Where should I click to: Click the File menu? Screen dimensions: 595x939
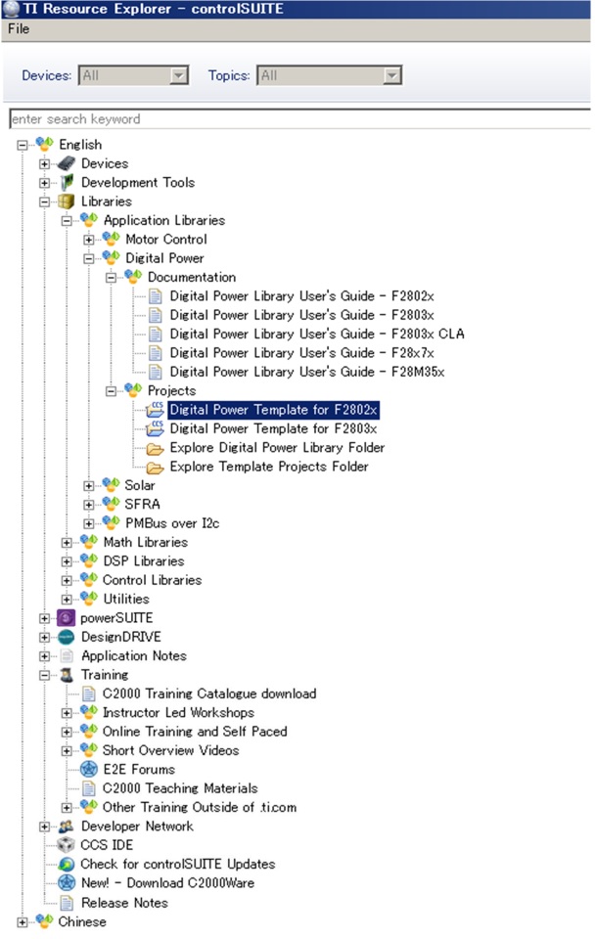point(19,28)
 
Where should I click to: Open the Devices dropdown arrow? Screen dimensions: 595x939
point(178,75)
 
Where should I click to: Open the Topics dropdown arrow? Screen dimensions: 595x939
point(391,75)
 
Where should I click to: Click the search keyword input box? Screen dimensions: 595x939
point(299,118)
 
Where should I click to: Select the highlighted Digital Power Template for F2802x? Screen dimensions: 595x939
point(273,410)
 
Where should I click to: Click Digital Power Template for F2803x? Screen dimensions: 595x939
point(273,428)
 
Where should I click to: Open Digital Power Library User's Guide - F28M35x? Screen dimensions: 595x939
point(306,372)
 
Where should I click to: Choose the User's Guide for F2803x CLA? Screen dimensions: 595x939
point(317,334)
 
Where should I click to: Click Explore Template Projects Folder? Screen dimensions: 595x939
point(269,467)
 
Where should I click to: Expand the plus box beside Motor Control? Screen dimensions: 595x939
point(89,240)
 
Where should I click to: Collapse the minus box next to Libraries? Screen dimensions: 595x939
point(44,201)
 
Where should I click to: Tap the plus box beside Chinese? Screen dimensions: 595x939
point(23,922)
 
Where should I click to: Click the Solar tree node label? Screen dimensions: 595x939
point(140,485)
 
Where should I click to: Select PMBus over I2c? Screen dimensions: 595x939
point(172,523)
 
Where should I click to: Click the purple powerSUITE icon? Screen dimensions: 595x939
point(66,618)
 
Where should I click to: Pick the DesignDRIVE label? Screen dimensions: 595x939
point(121,637)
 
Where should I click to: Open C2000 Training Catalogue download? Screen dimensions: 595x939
point(209,693)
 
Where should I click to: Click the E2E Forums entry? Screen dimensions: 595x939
point(139,770)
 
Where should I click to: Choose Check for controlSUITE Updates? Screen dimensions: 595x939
point(178,864)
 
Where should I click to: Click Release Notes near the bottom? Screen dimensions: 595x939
point(124,903)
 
